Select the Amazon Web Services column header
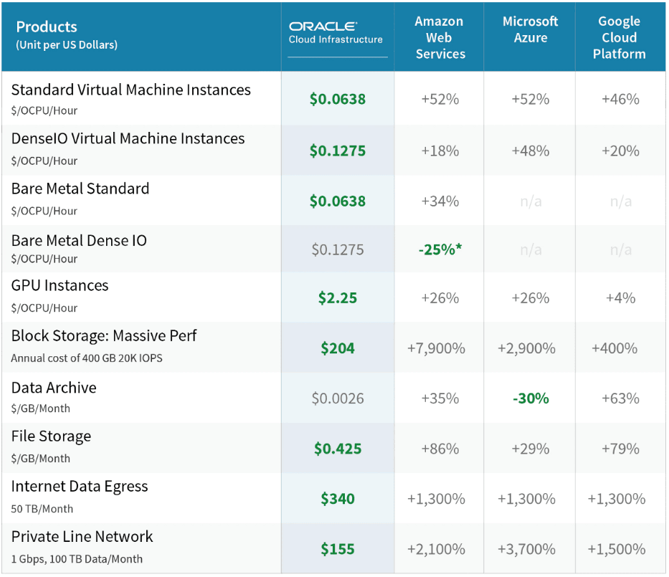(x=440, y=37)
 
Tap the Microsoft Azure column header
(x=530, y=29)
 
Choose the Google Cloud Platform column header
(x=619, y=37)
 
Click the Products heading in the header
(x=47, y=27)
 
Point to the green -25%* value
(x=440, y=249)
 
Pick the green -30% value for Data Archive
(x=531, y=398)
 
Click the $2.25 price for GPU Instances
(x=337, y=297)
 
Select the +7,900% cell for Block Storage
(x=436, y=348)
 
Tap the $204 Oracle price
(x=337, y=348)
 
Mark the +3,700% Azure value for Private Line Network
(x=526, y=549)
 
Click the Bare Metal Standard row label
(x=80, y=189)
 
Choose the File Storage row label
(x=51, y=437)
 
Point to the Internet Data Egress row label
(x=80, y=486)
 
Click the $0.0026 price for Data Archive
(x=337, y=398)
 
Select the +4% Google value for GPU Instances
(x=620, y=297)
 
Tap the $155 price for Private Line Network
(x=337, y=549)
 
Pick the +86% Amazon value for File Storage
(x=440, y=449)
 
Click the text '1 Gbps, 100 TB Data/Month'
(x=77, y=559)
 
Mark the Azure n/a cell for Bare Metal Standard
(x=531, y=201)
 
